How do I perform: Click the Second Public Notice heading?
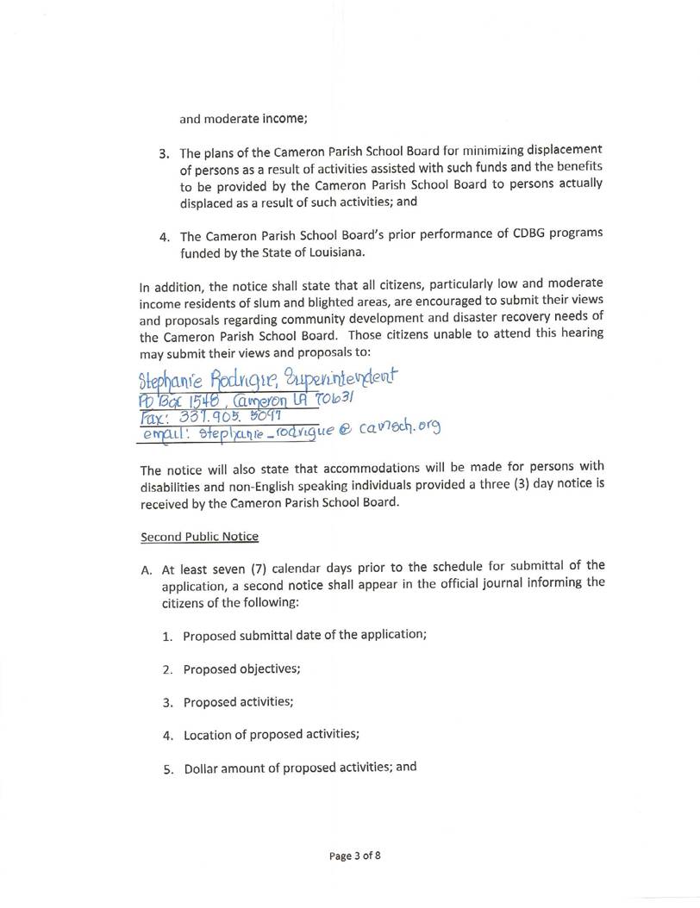point(199,536)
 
